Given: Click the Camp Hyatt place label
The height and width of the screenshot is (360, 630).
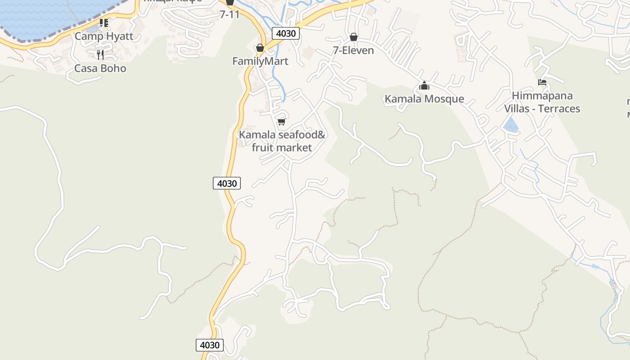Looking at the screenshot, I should pos(104,36).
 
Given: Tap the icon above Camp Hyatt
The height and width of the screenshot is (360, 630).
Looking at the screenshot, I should pos(104,22).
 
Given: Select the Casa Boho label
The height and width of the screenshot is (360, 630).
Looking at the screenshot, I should pos(100,68).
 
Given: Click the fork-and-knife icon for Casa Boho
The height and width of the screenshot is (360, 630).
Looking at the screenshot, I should pos(100,55).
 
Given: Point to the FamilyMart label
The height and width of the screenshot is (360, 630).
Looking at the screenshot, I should pos(260,61).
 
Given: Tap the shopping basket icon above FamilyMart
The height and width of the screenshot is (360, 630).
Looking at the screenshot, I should pos(260,48).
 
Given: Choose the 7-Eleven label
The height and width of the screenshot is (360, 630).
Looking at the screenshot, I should pos(353,50).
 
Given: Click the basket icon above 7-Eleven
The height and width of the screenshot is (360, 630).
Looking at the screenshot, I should pos(354,37).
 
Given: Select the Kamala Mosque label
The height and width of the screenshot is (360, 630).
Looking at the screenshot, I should pos(424,99).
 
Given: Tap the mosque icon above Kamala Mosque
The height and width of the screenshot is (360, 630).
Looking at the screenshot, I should pos(424,85).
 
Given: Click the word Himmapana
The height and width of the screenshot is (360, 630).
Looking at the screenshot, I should pos(542,96).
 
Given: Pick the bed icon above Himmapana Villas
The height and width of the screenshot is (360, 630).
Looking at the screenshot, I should pos(542,82).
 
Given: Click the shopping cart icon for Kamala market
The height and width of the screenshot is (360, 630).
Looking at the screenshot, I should pos(282,121).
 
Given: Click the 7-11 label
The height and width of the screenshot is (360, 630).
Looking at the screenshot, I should pos(229,14).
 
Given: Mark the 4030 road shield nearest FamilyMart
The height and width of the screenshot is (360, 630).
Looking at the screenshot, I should pos(285,33).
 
